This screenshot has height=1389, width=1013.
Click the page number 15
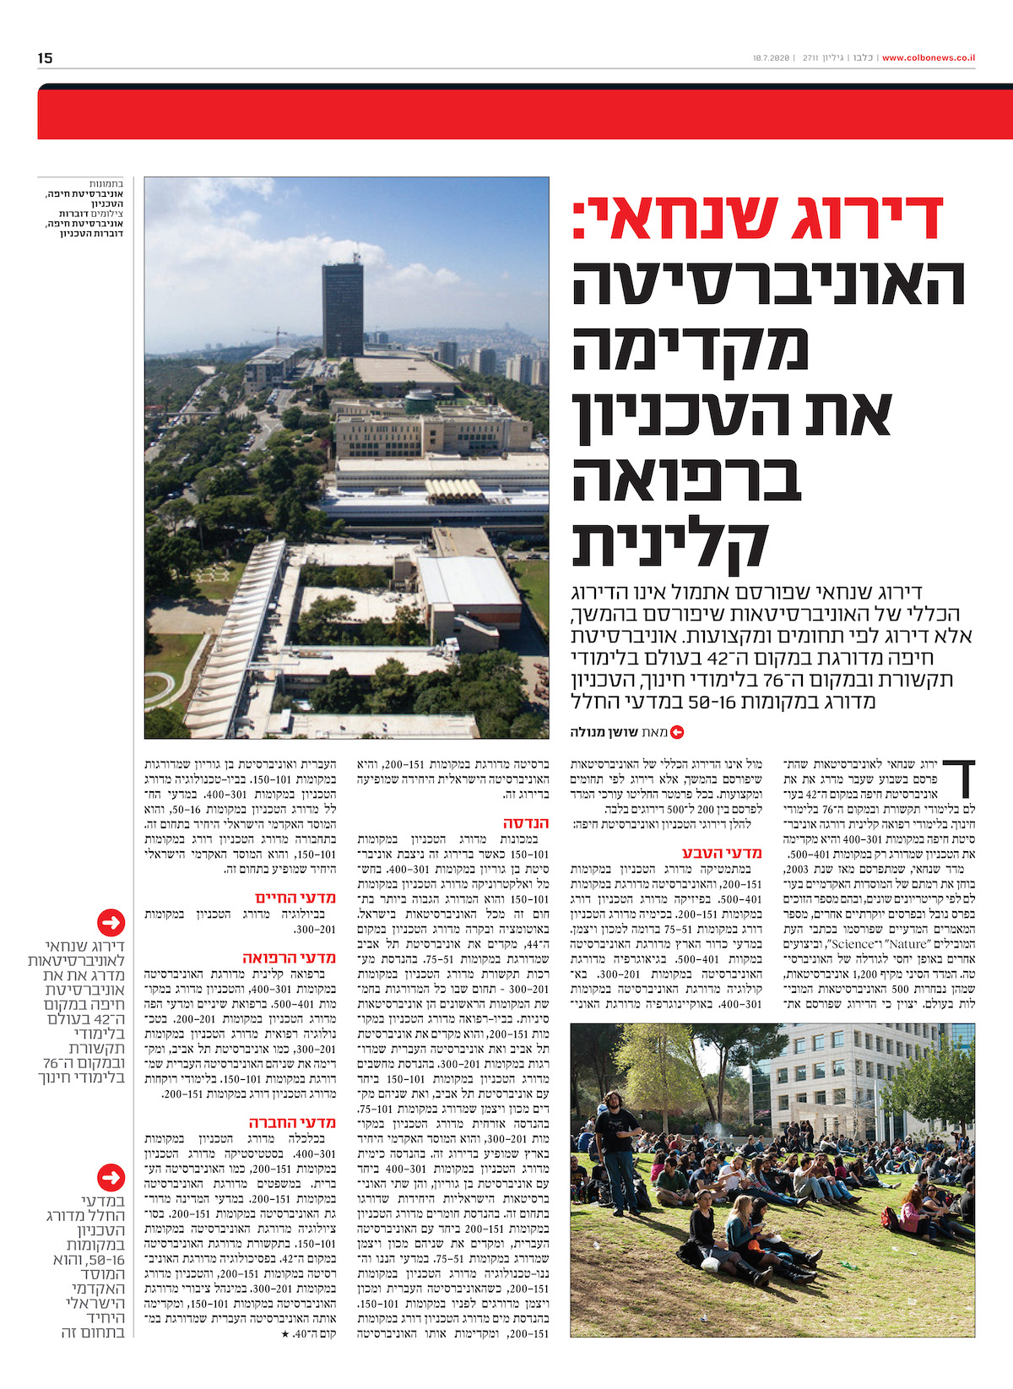[x=46, y=57]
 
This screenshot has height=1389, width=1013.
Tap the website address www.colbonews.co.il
[x=929, y=58]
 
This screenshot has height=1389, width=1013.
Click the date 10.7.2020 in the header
[x=770, y=58]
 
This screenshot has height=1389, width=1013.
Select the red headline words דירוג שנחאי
[x=757, y=218]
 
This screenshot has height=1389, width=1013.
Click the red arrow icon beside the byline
[x=676, y=733]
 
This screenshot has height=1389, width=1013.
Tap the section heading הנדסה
[x=526, y=822]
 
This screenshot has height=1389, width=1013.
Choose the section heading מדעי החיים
[x=295, y=898]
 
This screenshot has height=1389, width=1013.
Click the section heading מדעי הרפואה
[x=290, y=958]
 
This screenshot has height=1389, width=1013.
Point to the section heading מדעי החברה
[x=292, y=1122]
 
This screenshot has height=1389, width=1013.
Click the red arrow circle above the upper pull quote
[x=111, y=922]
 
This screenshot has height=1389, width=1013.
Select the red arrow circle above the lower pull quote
[x=111, y=1176]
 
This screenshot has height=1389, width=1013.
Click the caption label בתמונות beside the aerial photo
[x=107, y=183]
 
